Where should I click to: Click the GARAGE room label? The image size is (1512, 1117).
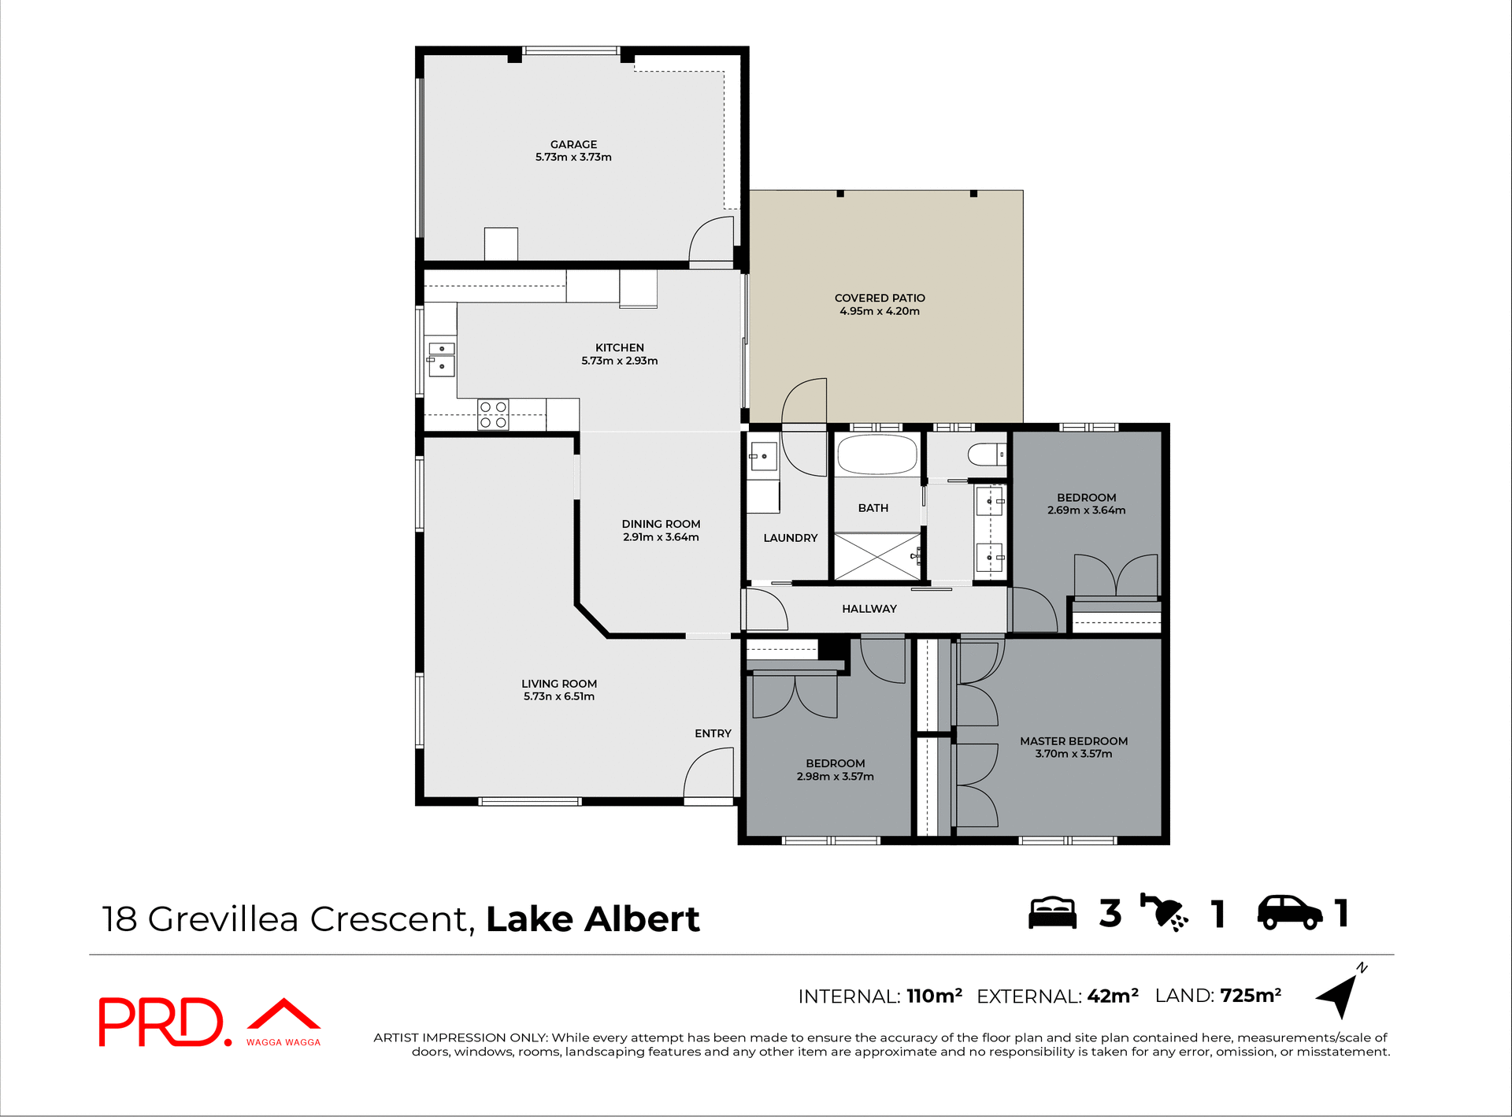coord(573,144)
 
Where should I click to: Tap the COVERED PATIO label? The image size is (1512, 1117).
coord(880,298)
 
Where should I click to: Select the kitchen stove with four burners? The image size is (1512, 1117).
coord(493,415)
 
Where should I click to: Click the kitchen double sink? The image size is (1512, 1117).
coord(441,358)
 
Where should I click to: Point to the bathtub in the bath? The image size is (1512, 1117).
coord(876,455)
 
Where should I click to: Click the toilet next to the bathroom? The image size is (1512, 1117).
coord(986,455)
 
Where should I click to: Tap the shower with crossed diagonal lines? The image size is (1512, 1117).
coord(876,557)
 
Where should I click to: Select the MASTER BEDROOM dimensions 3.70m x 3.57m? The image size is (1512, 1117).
coord(1073,754)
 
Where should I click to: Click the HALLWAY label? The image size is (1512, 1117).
coord(869,609)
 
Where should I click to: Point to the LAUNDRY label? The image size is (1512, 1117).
coord(790,538)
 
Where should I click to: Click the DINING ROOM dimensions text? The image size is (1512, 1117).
coord(661,537)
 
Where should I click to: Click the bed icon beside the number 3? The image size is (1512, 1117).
coord(1052,914)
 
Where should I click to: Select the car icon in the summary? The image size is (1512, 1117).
coord(1289,914)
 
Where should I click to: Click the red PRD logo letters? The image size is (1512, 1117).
coord(161,1022)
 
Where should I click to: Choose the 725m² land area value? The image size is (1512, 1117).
coord(1250,996)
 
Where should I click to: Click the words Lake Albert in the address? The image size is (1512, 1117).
coord(592,919)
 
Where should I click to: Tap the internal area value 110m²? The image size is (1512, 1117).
coord(934,996)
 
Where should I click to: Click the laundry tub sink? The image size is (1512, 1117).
coord(762,456)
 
